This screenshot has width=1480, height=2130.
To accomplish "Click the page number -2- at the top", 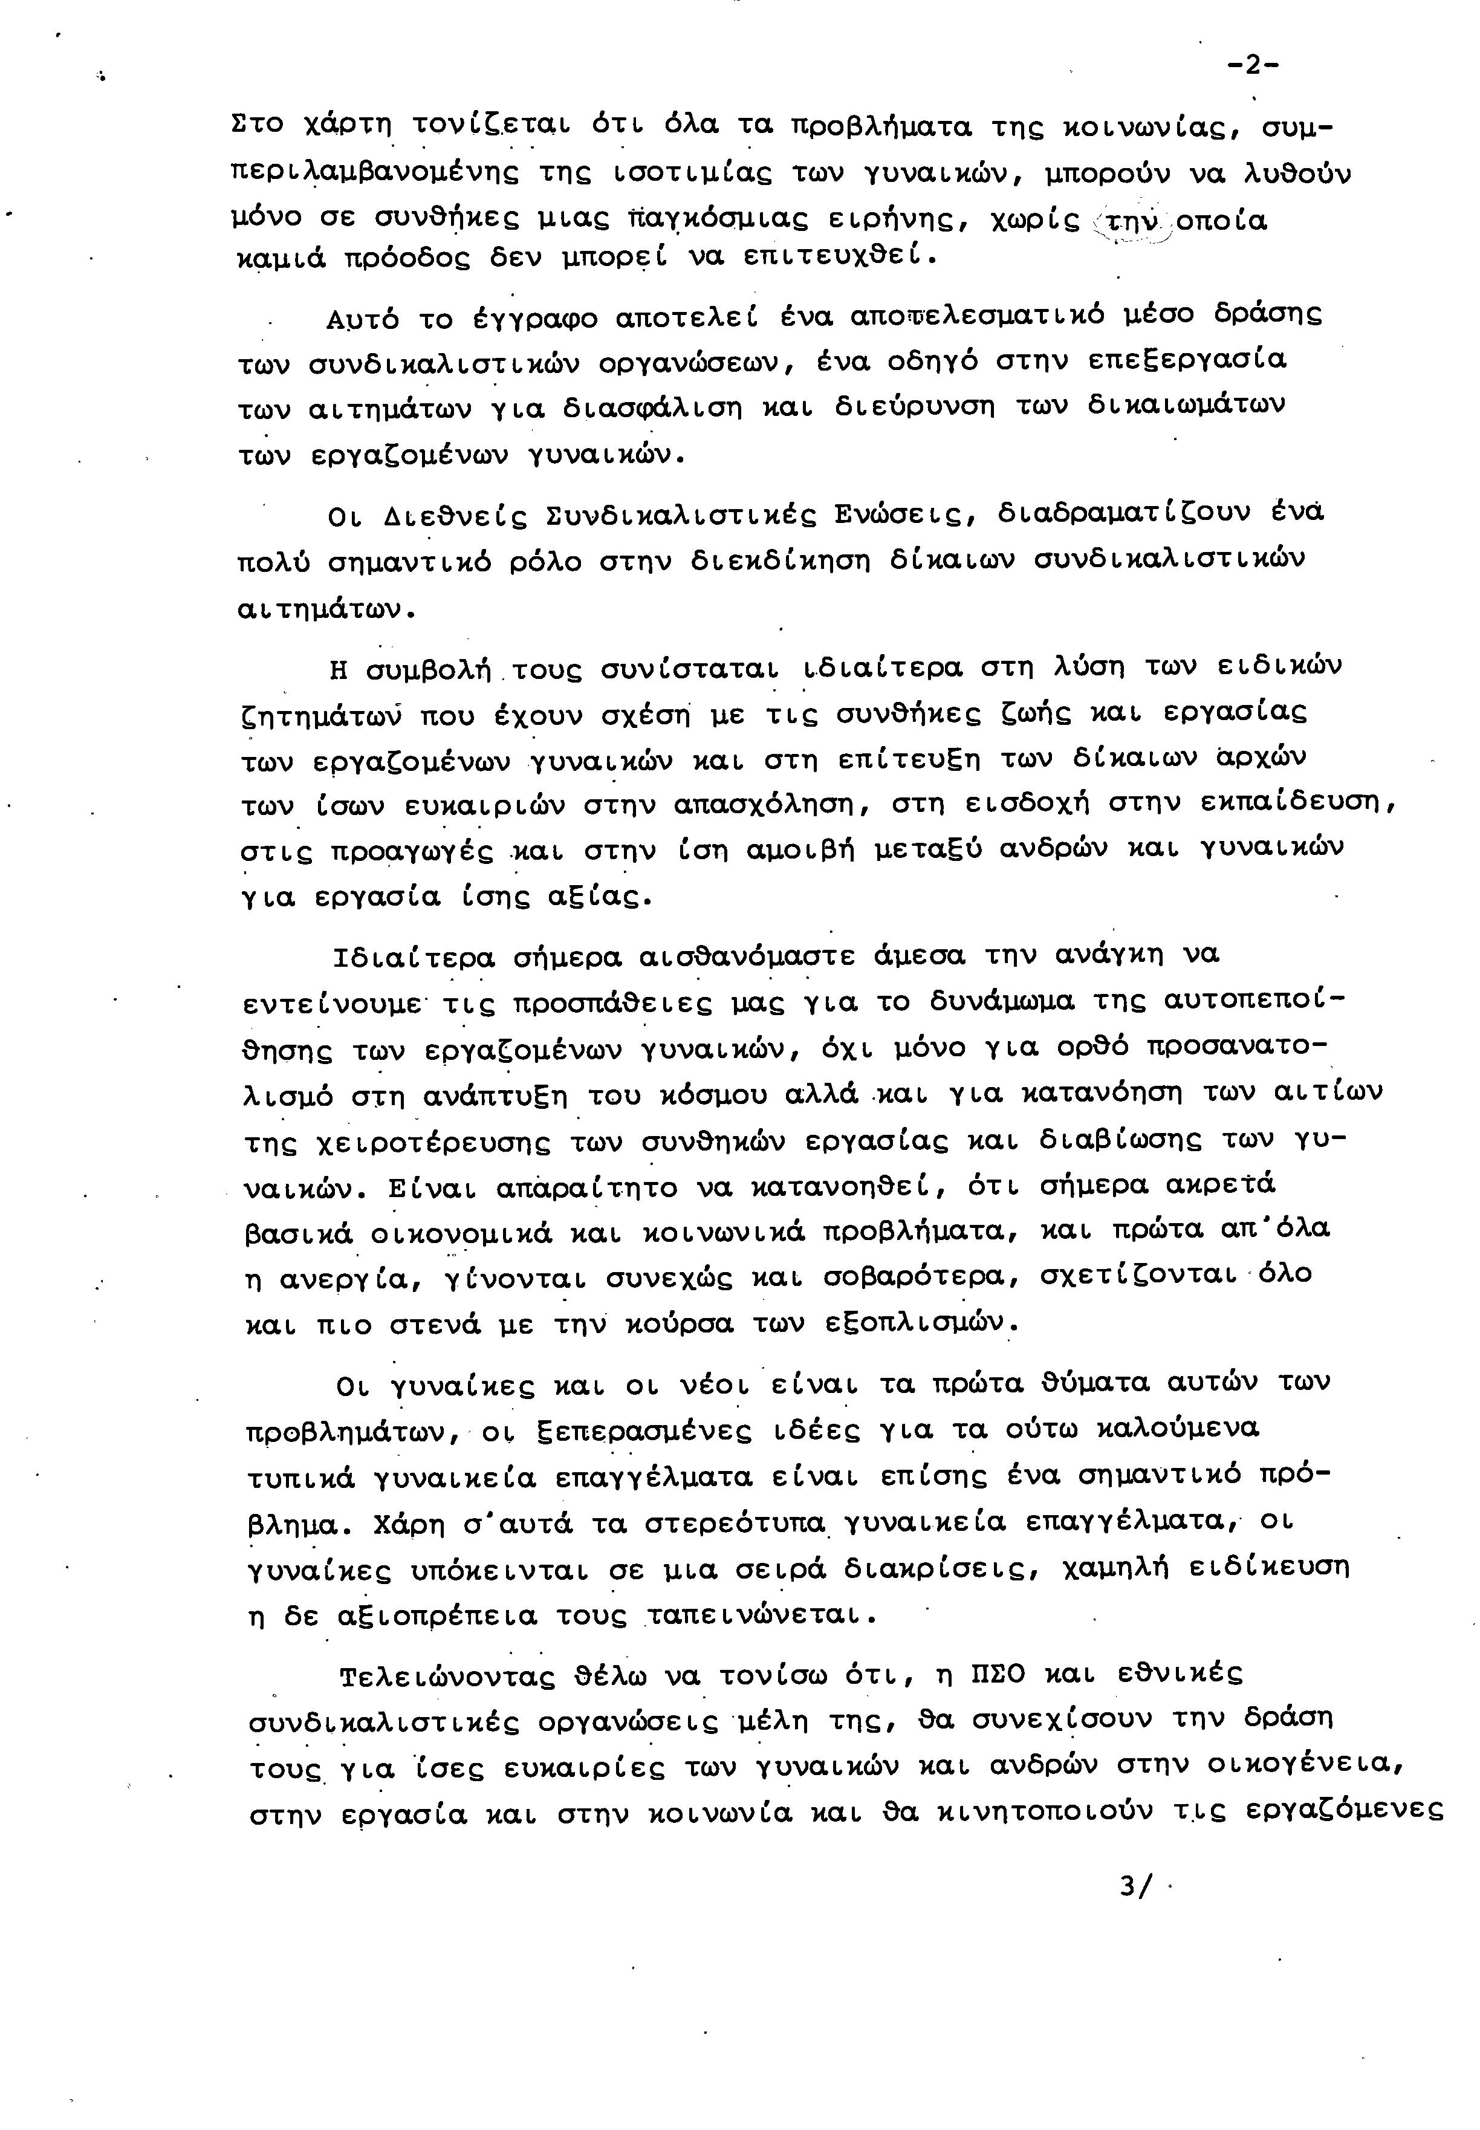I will click(x=1253, y=66).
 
